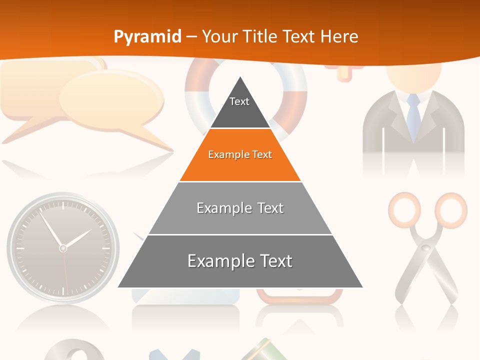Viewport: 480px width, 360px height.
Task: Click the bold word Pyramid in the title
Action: pyautogui.click(x=147, y=36)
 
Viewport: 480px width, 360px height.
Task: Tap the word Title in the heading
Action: pyautogui.click(x=260, y=36)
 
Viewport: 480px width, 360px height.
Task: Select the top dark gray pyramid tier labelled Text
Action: pyautogui.click(x=240, y=107)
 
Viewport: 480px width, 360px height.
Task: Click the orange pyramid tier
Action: pyautogui.click(x=240, y=155)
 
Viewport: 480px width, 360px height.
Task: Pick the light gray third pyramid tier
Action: pyautogui.click(x=240, y=208)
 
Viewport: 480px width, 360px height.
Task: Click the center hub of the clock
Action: pyautogui.click(x=63, y=248)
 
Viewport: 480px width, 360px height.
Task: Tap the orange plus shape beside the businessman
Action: pyautogui.click(x=344, y=73)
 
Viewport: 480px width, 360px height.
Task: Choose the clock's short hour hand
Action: pyautogui.click(x=77, y=238)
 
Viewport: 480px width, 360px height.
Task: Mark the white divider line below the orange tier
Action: pyautogui.click(x=240, y=182)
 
